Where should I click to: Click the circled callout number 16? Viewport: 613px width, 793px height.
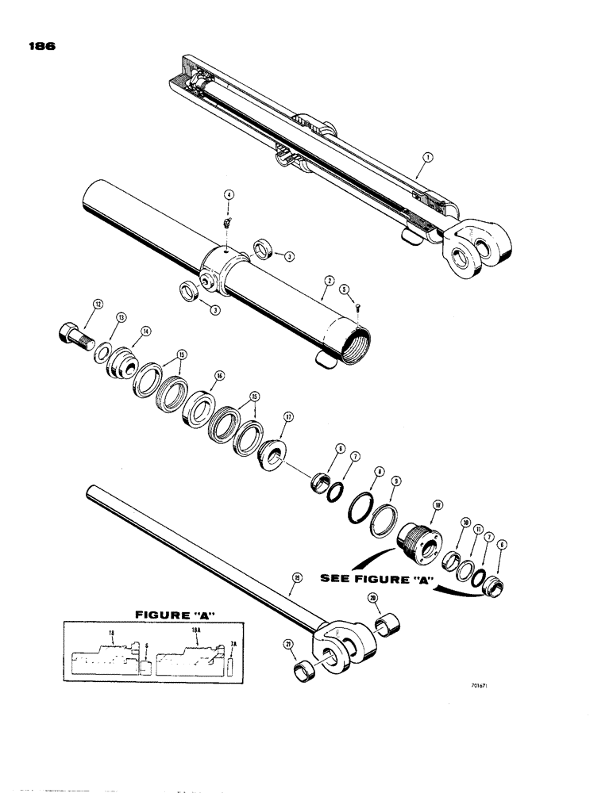pyautogui.click(x=219, y=377)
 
